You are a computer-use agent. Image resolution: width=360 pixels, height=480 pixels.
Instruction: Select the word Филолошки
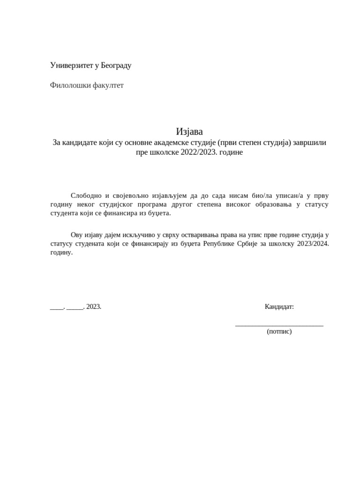pyautogui.click(x=66, y=85)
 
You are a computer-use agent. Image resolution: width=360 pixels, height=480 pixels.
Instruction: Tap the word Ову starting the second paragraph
pyautogui.click(x=76, y=234)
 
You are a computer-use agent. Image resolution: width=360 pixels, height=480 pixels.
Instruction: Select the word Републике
pyautogui.click(x=218, y=244)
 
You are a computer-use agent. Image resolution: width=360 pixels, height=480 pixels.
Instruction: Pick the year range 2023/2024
pyautogui.click(x=313, y=244)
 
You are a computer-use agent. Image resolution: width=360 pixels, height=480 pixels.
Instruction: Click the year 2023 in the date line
pyautogui.click(x=93, y=307)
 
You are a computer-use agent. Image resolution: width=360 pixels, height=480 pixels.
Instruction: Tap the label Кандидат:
pyautogui.click(x=279, y=307)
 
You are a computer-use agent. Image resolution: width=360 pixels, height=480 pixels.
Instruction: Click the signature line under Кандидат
pyautogui.click(x=279, y=324)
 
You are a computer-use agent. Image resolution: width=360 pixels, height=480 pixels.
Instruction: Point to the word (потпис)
pyautogui.click(x=279, y=331)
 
